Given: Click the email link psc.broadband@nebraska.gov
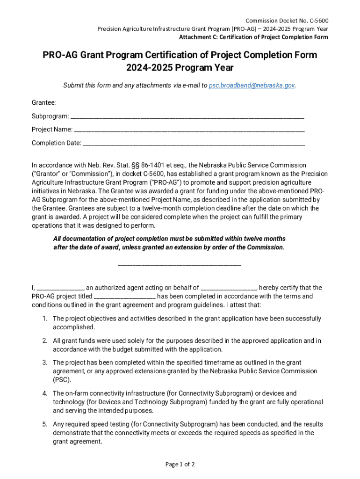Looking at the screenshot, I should (x=252, y=86).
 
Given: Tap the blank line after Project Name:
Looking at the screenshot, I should (x=189, y=130).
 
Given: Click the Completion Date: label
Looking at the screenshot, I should (x=57, y=143).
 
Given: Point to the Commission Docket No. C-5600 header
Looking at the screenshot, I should (x=287, y=21).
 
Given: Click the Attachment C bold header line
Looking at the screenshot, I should (x=254, y=37).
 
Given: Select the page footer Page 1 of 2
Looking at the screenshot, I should (x=180, y=464).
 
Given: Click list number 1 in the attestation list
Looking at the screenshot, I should (x=44, y=319).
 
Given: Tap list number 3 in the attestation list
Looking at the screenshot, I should (x=44, y=363).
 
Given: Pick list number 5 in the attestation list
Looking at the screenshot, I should (x=44, y=424).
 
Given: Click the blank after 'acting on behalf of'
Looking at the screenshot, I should (x=229, y=289).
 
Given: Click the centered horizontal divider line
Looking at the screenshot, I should (x=180, y=266).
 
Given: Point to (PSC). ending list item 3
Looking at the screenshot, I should (x=62, y=380).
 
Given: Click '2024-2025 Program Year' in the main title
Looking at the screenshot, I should (x=180, y=68).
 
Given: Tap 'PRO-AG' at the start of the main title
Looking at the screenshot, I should (x=61, y=55).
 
